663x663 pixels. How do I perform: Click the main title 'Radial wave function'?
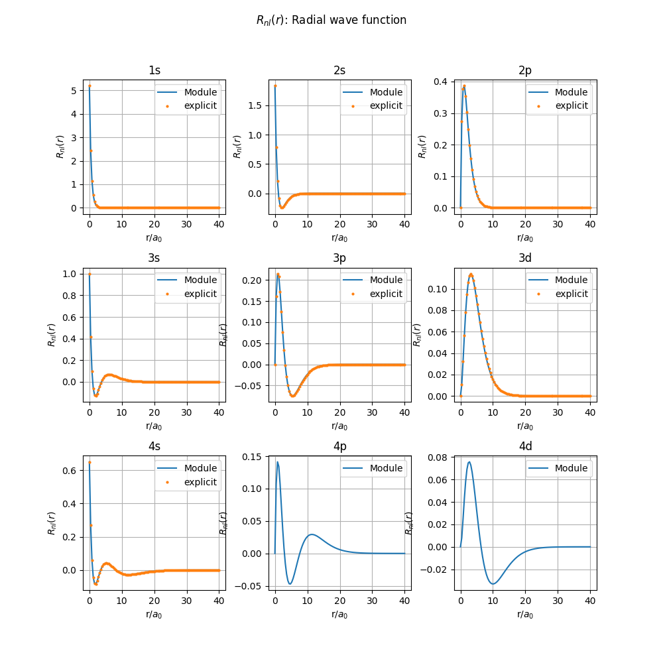click(x=331, y=20)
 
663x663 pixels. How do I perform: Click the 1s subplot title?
click(x=154, y=70)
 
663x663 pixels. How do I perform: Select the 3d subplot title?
click(x=525, y=258)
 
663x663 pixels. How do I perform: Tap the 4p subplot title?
click(x=339, y=446)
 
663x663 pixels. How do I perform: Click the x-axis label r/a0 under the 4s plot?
click(x=154, y=614)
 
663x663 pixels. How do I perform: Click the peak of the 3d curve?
click(x=471, y=274)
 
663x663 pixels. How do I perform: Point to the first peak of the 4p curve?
click(x=278, y=461)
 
